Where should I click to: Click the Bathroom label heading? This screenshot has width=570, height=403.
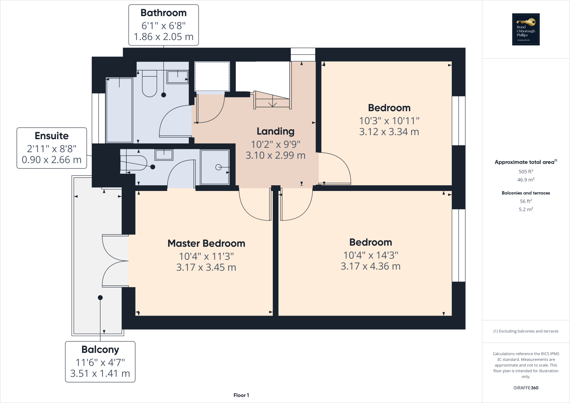163,13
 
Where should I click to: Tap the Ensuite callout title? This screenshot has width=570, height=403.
51,136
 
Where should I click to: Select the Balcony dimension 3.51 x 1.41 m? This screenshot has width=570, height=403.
100,373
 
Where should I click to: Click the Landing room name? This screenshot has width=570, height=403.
275,131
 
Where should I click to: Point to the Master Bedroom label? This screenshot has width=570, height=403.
206,243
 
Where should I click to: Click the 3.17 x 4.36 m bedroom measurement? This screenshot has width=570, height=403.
370,266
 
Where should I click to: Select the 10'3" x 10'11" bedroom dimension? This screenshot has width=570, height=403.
389,121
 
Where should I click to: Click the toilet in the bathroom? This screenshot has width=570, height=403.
149,83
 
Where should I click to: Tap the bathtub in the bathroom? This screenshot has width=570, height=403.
119,110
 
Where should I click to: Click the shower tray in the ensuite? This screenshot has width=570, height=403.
215,167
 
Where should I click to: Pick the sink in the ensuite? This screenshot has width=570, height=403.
164,154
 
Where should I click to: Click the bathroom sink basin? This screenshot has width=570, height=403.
177,77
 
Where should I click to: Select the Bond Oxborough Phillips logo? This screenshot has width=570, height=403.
525,29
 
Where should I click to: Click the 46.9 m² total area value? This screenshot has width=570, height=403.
525,180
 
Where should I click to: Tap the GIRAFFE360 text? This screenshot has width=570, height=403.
525,388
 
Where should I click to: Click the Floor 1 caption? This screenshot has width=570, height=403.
241,395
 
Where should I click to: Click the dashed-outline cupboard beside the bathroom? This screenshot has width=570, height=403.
212,77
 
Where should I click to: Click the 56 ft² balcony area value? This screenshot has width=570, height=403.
525,201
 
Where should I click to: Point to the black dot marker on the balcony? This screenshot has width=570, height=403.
100,298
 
